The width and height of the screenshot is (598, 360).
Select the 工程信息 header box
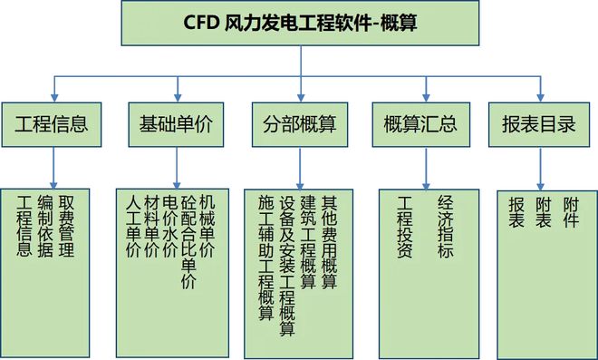56,124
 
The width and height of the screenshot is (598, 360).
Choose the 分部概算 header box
299,124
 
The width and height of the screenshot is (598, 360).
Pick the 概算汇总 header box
421,124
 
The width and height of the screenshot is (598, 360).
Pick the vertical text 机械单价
207,227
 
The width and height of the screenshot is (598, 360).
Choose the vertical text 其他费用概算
328,241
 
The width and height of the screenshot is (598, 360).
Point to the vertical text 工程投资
405,227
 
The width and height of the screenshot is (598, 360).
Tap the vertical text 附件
570,211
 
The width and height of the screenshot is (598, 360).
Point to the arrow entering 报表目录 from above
541,91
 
